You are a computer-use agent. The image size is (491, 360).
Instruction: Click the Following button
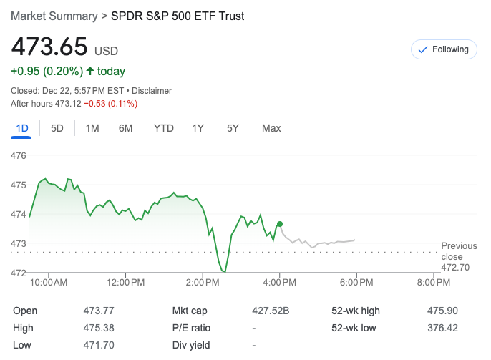tap(444, 49)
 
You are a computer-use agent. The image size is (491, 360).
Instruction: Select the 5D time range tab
tap(57, 128)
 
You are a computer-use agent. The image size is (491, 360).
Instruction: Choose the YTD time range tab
tap(164, 128)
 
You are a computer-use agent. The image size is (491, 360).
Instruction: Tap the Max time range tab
tap(271, 128)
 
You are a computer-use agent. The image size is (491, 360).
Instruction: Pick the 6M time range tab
tap(126, 128)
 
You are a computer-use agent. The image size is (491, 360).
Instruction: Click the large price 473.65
tap(49, 48)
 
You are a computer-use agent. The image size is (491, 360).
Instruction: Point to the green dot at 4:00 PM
tap(280, 224)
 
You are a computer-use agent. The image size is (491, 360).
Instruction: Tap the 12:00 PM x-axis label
tap(125, 283)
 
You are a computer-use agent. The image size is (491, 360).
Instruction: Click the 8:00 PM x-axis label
tap(433, 283)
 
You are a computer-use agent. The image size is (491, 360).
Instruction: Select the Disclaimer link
tap(152, 91)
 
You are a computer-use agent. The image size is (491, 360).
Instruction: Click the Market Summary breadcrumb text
tap(54, 16)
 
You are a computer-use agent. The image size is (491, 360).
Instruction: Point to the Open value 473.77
tap(99, 311)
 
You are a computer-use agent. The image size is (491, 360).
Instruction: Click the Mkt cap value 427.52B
tap(271, 311)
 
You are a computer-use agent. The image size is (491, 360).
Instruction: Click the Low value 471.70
tap(99, 345)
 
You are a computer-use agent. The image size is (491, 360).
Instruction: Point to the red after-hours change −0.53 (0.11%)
tap(110, 104)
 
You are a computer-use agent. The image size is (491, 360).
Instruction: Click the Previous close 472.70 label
tap(458, 256)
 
